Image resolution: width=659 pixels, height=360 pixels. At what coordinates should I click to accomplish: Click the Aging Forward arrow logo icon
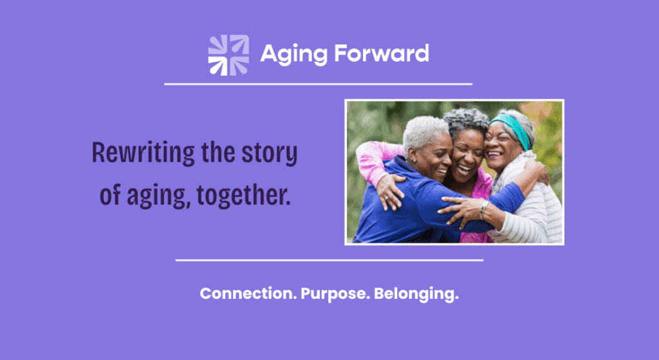[228, 55]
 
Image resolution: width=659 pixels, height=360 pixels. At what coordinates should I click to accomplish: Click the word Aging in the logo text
[293, 55]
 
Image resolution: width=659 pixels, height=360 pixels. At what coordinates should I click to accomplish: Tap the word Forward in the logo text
[382, 53]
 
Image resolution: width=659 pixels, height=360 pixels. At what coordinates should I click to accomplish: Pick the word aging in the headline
[156, 197]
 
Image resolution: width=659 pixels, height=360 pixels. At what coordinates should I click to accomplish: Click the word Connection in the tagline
[248, 293]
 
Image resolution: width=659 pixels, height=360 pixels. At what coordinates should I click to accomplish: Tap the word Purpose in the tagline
[335, 294]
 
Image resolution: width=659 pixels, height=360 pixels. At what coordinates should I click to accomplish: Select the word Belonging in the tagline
[416, 294]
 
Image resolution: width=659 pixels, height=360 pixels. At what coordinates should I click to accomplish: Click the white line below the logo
[318, 84]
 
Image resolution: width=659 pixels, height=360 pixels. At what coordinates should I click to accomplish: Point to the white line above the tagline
[329, 260]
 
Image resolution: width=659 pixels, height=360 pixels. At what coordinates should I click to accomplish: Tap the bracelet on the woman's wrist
[484, 210]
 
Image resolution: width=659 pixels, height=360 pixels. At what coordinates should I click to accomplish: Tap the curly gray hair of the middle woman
[467, 120]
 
